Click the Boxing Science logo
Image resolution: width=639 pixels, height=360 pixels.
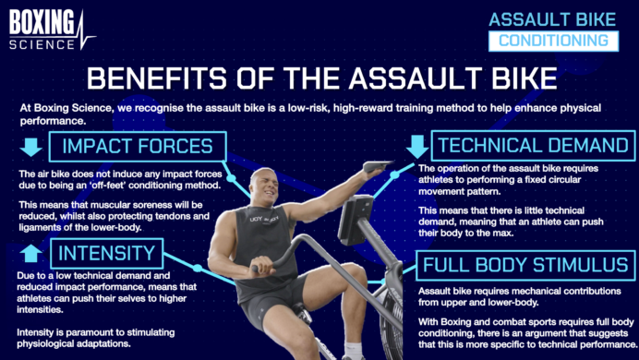(x=52, y=30)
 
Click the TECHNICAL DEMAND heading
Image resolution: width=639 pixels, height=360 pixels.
(x=532, y=146)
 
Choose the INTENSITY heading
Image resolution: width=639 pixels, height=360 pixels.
(x=106, y=253)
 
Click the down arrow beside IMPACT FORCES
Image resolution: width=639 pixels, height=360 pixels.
(x=31, y=146)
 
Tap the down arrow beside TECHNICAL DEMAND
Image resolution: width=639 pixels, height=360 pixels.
(x=417, y=146)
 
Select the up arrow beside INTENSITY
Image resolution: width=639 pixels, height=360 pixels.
(x=30, y=253)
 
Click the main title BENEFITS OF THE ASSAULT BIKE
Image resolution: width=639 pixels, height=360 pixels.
(x=319, y=77)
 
